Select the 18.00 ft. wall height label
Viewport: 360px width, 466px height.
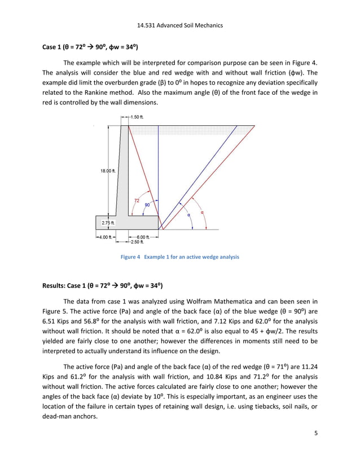pyautogui.click(x=108, y=171)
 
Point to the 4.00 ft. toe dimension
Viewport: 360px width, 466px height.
pyautogui.click(x=104, y=237)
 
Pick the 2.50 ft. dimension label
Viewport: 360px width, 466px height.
pyautogui.click(x=139, y=242)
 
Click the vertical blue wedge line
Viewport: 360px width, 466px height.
pyautogui.click(x=159, y=169)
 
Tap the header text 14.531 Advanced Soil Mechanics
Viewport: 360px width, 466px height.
pyautogui.click(x=180, y=25)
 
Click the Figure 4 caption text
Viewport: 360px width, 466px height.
pyautogui.click(x=180, y=257)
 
